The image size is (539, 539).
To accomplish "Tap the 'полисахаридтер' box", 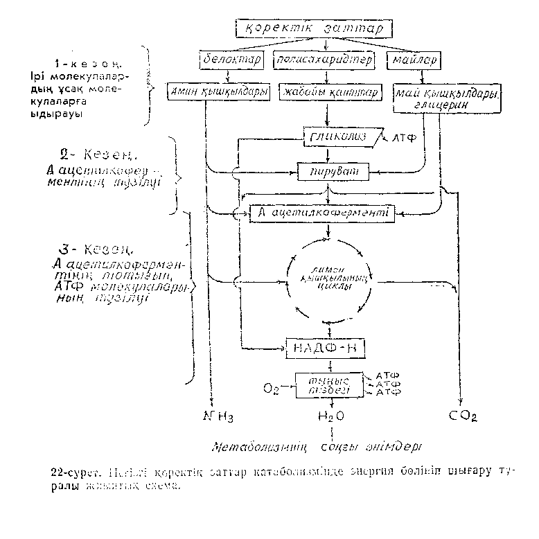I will pos(324,60).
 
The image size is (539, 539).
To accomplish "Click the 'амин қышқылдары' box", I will pos(218,91).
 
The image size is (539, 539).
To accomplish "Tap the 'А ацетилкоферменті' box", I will pos(322,213).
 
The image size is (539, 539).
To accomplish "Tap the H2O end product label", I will pos(330,417).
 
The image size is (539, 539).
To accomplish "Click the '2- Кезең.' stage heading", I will pos(109,152).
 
